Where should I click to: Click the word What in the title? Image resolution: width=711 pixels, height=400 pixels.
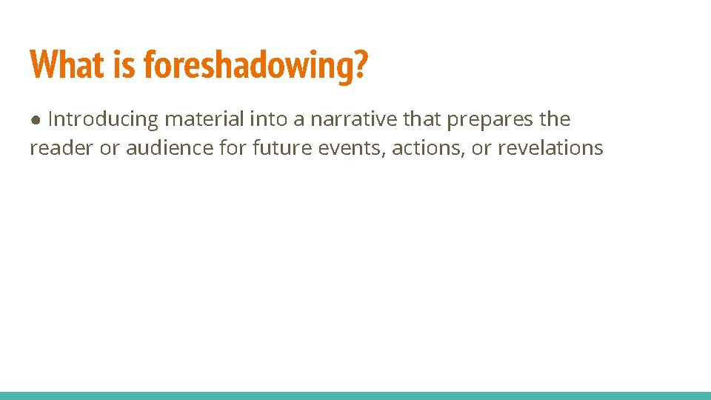[x=67, y=64]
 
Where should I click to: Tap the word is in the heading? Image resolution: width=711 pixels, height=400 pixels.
[x=125, y=64]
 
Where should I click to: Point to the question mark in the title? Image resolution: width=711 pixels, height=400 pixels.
[x=361, y=64]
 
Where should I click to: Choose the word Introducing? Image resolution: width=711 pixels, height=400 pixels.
[x=103, y=119]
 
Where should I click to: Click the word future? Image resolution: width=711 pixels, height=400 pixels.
[x=282, y=148]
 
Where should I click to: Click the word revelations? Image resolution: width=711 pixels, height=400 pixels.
[x=550, y=148]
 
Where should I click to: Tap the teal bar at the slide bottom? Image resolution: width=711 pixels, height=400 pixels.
[x=355, y=396]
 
